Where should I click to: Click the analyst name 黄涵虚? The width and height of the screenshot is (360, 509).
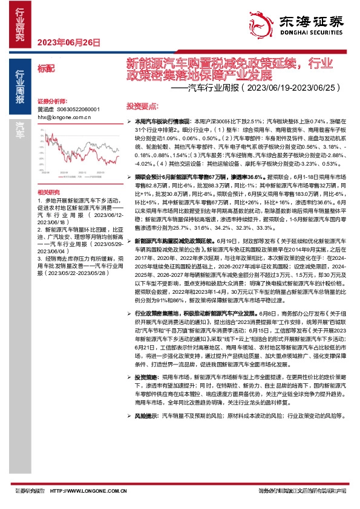45,109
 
